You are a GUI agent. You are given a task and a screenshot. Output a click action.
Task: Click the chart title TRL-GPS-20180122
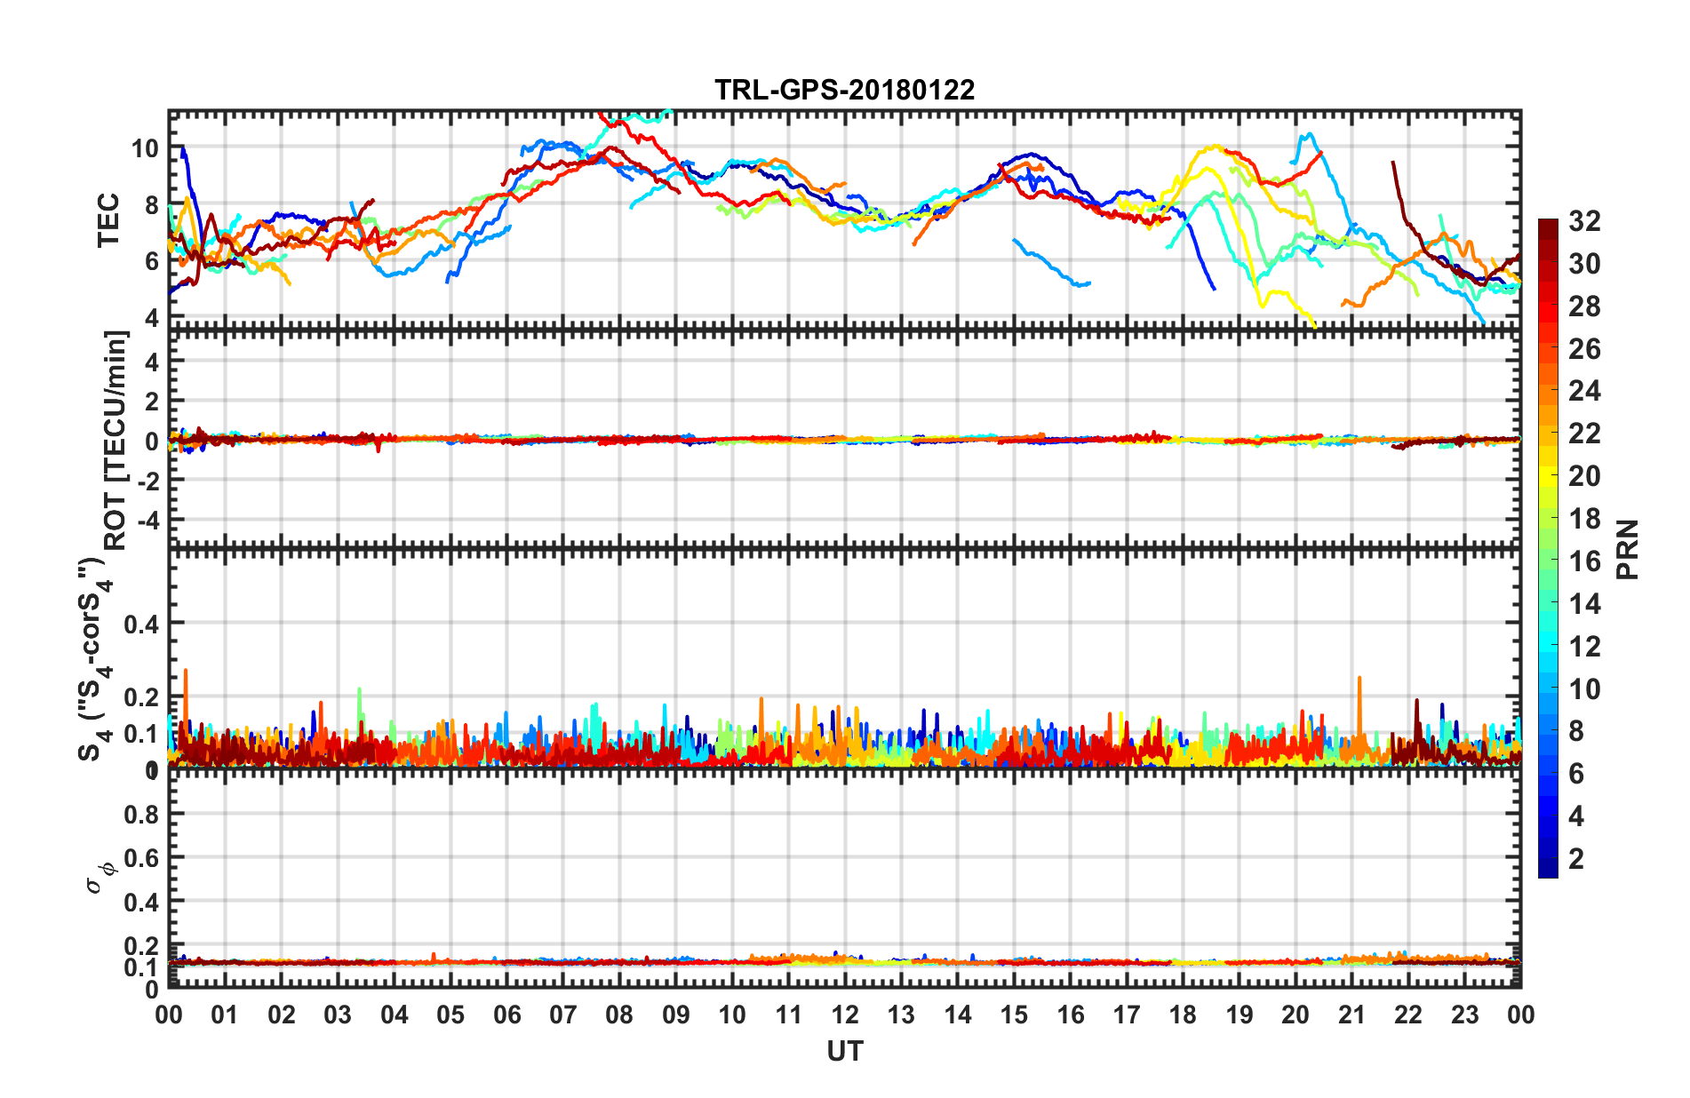tap(844, 91)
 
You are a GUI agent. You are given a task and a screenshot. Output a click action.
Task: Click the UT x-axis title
tap(844, 1052)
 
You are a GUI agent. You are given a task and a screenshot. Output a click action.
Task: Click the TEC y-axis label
tap(108, 219)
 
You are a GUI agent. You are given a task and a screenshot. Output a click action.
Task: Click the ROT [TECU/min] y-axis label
tap(116, 440)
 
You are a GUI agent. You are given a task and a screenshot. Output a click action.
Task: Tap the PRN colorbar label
tap(1628, 549)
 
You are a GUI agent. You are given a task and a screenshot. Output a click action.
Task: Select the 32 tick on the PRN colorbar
tap(1584, 221)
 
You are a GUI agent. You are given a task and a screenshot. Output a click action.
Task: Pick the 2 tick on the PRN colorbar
tap(1576, 859)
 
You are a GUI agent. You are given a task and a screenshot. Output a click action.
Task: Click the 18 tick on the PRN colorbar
tap(1584, 519)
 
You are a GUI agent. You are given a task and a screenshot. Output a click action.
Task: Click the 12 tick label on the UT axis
tap(845, 1015)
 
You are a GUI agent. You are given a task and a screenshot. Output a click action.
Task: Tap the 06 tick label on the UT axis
tap(506, 1015)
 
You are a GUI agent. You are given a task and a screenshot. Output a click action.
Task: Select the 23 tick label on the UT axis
tap(1464, 1015)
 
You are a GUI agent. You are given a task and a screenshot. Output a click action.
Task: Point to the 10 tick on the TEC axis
tap(145, 148)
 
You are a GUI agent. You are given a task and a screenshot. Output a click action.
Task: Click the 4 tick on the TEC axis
tap(151, 317)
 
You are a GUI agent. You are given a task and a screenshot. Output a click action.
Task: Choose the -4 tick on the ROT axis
tap(145, 519)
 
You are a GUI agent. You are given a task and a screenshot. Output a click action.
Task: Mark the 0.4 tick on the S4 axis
tap(141, 625)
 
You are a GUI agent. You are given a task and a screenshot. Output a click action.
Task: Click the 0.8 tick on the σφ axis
tap(141, 814)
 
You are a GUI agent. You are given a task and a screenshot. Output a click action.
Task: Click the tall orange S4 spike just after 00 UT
tap(186, 672)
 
